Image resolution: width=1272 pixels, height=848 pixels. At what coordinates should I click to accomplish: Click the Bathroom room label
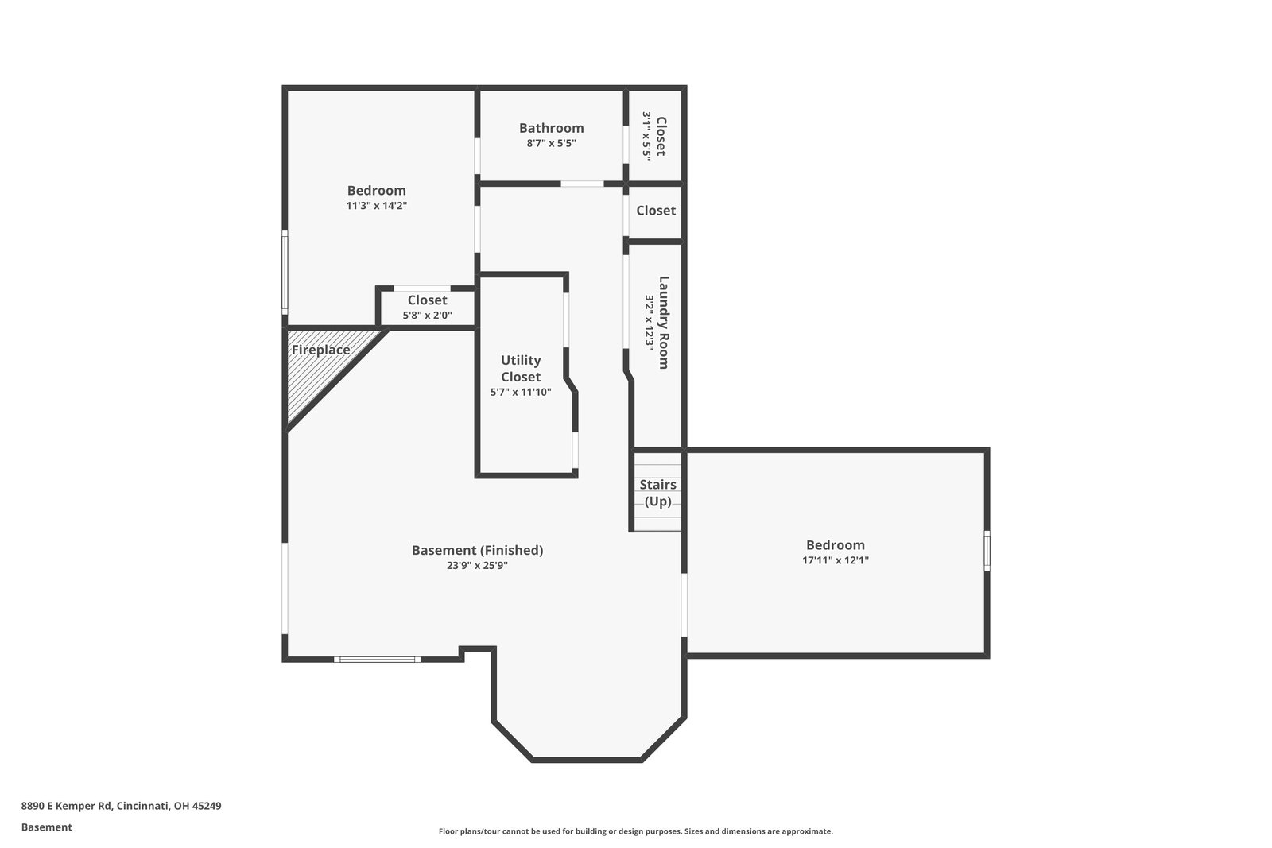coord(551,128)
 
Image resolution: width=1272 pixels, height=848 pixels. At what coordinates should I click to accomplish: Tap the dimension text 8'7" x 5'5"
coord(551,143)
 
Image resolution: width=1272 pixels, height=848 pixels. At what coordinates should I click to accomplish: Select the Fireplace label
coord(321,350)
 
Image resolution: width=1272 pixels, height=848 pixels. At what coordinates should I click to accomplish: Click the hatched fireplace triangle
coord(318,369)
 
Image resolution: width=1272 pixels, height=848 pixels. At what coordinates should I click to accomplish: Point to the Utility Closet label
coord(521,369)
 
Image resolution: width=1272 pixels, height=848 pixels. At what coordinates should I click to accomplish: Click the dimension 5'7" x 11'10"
coord(521,392)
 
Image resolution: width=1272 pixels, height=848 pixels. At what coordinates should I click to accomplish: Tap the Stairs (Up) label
coord(657,493)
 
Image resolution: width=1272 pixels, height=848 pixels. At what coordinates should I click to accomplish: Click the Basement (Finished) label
coord(477,550)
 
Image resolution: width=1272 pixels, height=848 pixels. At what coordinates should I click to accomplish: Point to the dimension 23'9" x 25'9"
coord(477,565)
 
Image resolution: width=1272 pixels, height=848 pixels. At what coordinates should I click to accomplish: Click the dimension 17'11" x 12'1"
coord(836,560)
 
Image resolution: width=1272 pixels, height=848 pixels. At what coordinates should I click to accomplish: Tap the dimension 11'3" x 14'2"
coord(377,206)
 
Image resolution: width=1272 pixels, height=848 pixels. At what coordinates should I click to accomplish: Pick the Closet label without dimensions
coord(656,211)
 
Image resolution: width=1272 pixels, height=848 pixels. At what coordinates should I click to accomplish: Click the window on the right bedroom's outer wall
coord(987,551)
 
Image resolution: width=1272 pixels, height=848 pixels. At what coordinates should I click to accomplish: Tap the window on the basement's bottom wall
coord(377,660)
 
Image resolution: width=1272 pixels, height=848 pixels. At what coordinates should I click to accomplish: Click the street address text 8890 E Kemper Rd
coord(66,806)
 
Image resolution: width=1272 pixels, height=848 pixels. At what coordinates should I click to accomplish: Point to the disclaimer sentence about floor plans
coord(635,831)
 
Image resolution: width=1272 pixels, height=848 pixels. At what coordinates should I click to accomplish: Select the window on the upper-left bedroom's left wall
coord(285,273)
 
